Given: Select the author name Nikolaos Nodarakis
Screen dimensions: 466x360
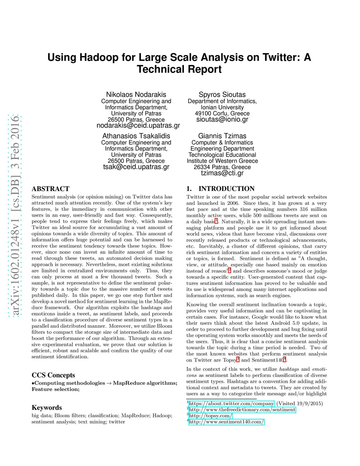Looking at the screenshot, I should point(136,95).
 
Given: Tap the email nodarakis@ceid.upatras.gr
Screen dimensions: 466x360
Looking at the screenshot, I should point(138,126).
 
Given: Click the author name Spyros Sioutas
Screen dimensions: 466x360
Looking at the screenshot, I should point(222,95).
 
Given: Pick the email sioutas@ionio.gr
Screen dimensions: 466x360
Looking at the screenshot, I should point(222,120).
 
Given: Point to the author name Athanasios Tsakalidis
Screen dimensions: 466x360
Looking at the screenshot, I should point(136,136).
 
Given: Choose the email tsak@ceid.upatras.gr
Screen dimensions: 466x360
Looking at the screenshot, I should point(136,167).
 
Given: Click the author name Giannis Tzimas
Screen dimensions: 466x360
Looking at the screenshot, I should point(222,136).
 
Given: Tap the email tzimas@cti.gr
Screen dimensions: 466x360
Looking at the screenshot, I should point(222,173).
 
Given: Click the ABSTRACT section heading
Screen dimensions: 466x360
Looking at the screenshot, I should point(51,189).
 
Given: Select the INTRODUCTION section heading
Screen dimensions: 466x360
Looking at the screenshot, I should point(226,189).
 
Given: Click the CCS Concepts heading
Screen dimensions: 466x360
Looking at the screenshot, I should point(53,375).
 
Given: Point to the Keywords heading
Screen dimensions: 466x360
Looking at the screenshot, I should point(47,408).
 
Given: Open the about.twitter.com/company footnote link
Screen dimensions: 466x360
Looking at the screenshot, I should point(231,404).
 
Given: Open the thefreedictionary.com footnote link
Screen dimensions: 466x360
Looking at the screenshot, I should point(242,410).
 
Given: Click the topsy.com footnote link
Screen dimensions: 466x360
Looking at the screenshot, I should point(210,416).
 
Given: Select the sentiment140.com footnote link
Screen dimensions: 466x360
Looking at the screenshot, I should point(226,422).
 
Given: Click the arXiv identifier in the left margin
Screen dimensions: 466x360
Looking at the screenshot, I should point(15,215).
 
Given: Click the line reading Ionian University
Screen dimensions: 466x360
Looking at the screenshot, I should point(222,107).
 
